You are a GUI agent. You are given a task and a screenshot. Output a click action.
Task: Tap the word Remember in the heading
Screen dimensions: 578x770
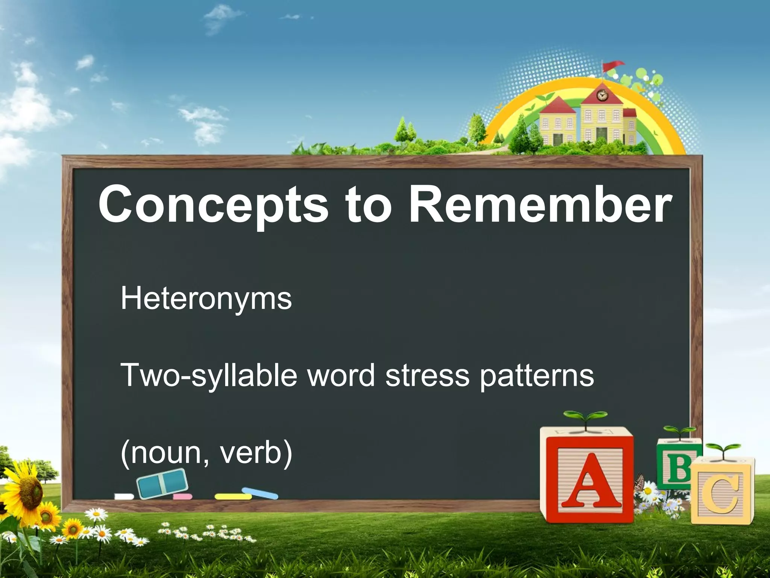pos(540,205)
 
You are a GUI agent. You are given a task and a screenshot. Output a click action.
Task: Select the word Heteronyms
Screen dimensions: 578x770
pos(206,298)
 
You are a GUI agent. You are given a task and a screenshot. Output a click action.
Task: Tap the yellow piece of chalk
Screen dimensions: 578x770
pos(233,497)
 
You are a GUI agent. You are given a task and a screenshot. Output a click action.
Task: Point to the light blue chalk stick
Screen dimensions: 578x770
pos(260,493)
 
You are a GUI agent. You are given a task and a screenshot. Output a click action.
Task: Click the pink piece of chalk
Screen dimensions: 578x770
pos(183,497)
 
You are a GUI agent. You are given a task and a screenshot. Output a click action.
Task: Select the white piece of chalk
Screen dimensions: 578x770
pos(124,497)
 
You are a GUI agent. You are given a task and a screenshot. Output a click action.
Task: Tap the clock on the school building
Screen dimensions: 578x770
pos(602,96)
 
